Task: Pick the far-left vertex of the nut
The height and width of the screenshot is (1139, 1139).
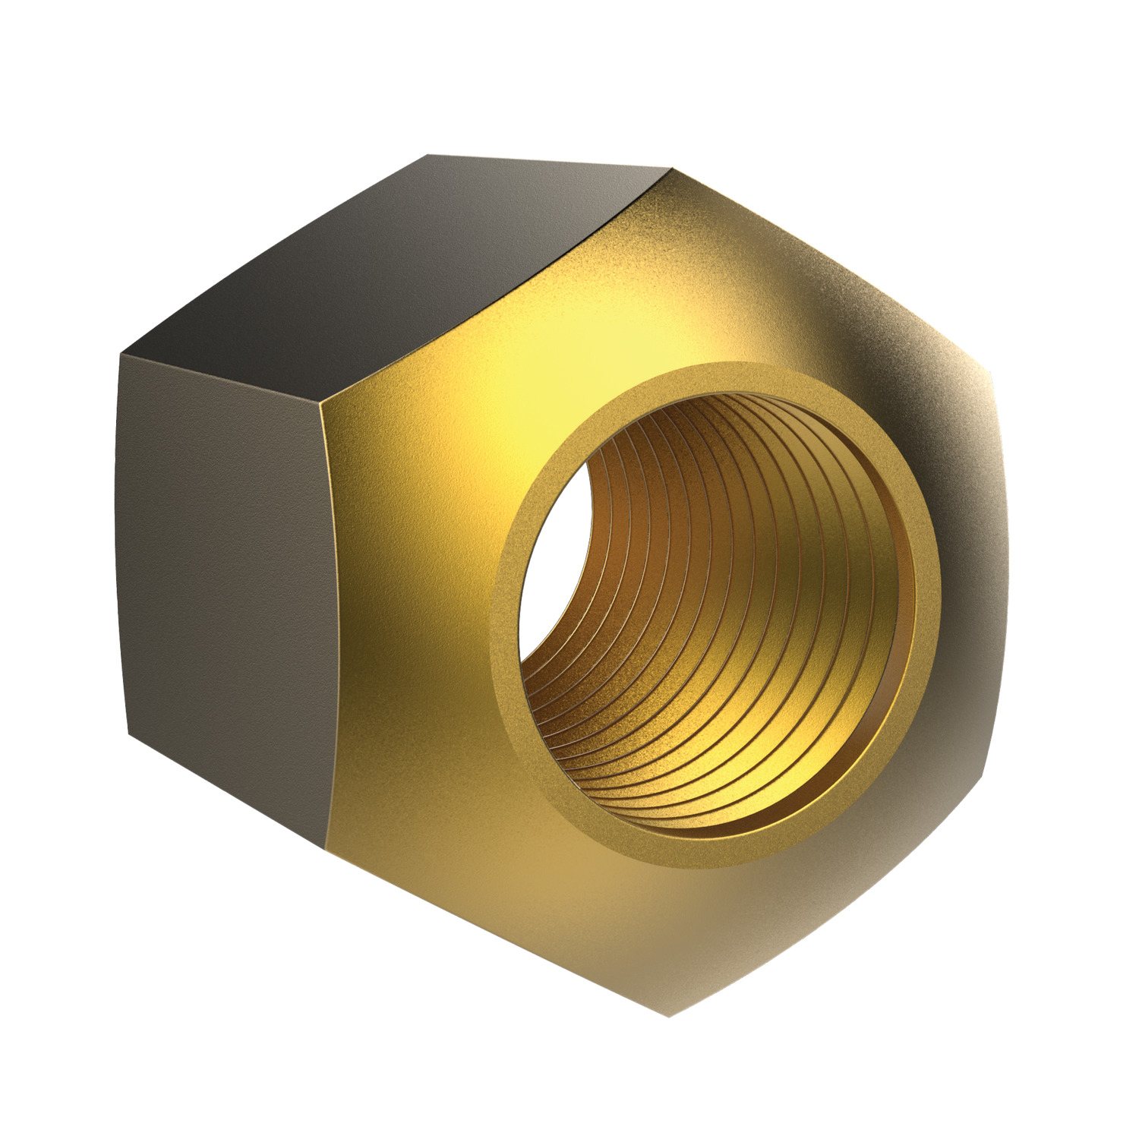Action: tap(118, 354)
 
